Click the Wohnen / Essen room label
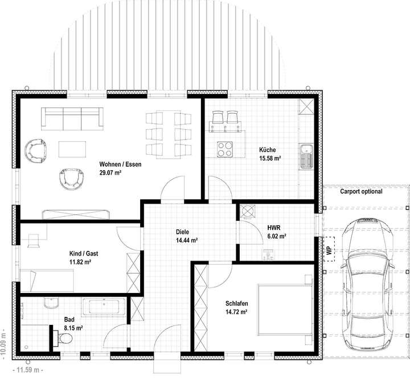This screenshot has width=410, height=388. (x=120, y=164)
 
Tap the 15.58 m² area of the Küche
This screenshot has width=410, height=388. (x=270, y=159)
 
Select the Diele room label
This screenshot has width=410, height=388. (x=182, y=232)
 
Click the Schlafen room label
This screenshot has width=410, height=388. (x=236, y=304)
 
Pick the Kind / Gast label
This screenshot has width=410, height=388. (x=81, y=254)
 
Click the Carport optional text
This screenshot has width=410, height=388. (x=361, y=192)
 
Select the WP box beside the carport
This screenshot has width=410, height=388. (x=329, y=249)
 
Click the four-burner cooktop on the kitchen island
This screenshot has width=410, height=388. (x=225, y=149)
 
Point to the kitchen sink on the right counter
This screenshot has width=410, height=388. (x=307, y=155)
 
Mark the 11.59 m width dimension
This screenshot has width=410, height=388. (x=27, y=370)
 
